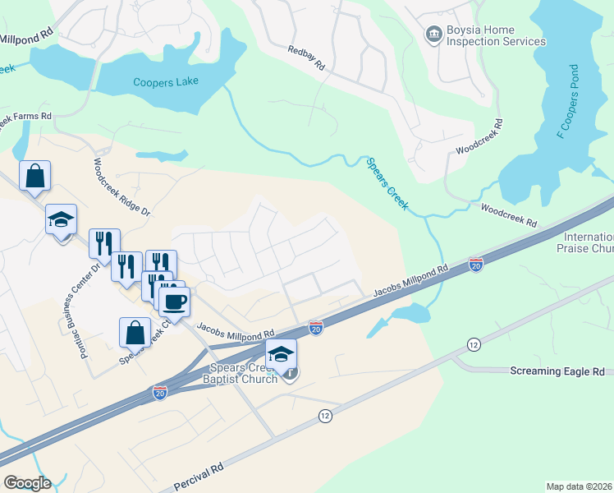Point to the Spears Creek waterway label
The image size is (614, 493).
[386, 184]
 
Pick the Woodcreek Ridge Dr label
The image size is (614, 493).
[123, 187]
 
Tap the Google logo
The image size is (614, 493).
[27, 483]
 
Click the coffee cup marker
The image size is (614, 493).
[174, 301]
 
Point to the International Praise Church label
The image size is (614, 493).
[585, 242]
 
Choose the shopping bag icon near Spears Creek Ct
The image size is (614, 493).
[135, 333]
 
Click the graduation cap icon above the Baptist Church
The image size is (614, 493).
[281, 354]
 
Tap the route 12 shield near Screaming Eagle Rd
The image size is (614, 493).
[473, 343]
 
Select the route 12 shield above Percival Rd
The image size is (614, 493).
[325, 417]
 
